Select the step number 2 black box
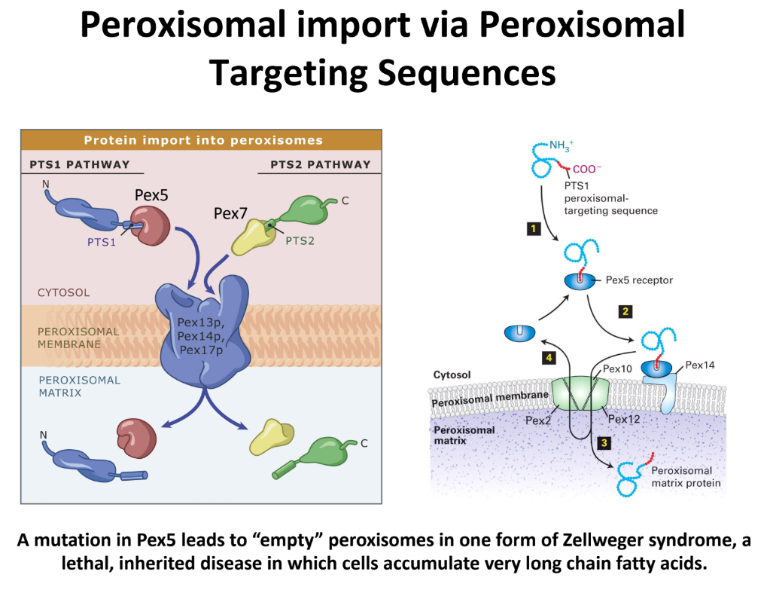624,310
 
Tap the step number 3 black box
604,443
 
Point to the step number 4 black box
549,358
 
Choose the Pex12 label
624,419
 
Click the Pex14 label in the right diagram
699,365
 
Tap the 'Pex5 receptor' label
639,280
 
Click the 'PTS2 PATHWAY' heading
321,164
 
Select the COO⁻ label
588,170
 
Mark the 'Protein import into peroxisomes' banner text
203,140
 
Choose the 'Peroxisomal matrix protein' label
685,477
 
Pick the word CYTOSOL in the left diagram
63,292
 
